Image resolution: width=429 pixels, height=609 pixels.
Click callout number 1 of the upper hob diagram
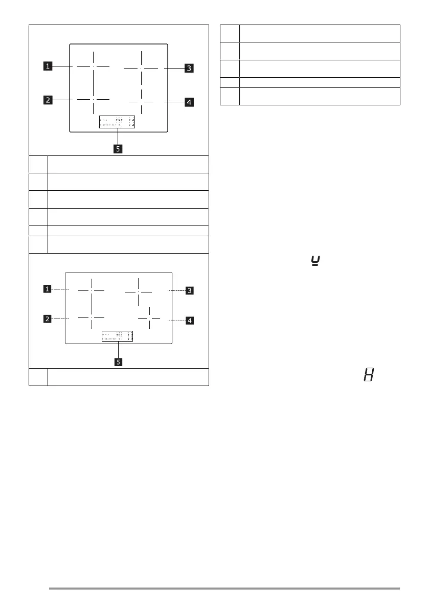(47, 65)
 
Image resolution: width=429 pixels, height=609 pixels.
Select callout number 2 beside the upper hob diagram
(47, 100)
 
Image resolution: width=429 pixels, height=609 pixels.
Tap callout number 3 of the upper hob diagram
(189, 67)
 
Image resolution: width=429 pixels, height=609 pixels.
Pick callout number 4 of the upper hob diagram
(189, 102)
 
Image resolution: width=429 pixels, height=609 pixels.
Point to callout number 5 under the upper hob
(118, 150)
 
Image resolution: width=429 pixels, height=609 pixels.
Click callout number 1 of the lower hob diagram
(47, 289)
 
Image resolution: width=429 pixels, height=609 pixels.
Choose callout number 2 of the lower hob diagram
(47, 319)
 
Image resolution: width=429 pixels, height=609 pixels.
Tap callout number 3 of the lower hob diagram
(189, 290)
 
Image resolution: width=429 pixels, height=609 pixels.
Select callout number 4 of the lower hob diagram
(189, 321)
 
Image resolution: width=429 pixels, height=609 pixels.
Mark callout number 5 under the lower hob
(118, 362)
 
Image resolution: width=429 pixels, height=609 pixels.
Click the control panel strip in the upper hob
(117, 122)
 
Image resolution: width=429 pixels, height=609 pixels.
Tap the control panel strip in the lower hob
(117, 336)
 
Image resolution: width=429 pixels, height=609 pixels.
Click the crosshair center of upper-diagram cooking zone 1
(94, 66)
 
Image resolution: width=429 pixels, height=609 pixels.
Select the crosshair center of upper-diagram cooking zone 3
(141, 67)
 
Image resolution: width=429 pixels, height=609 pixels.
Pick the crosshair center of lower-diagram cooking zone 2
(92, 317)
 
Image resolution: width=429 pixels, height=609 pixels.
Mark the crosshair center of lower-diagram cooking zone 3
(138, 291)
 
